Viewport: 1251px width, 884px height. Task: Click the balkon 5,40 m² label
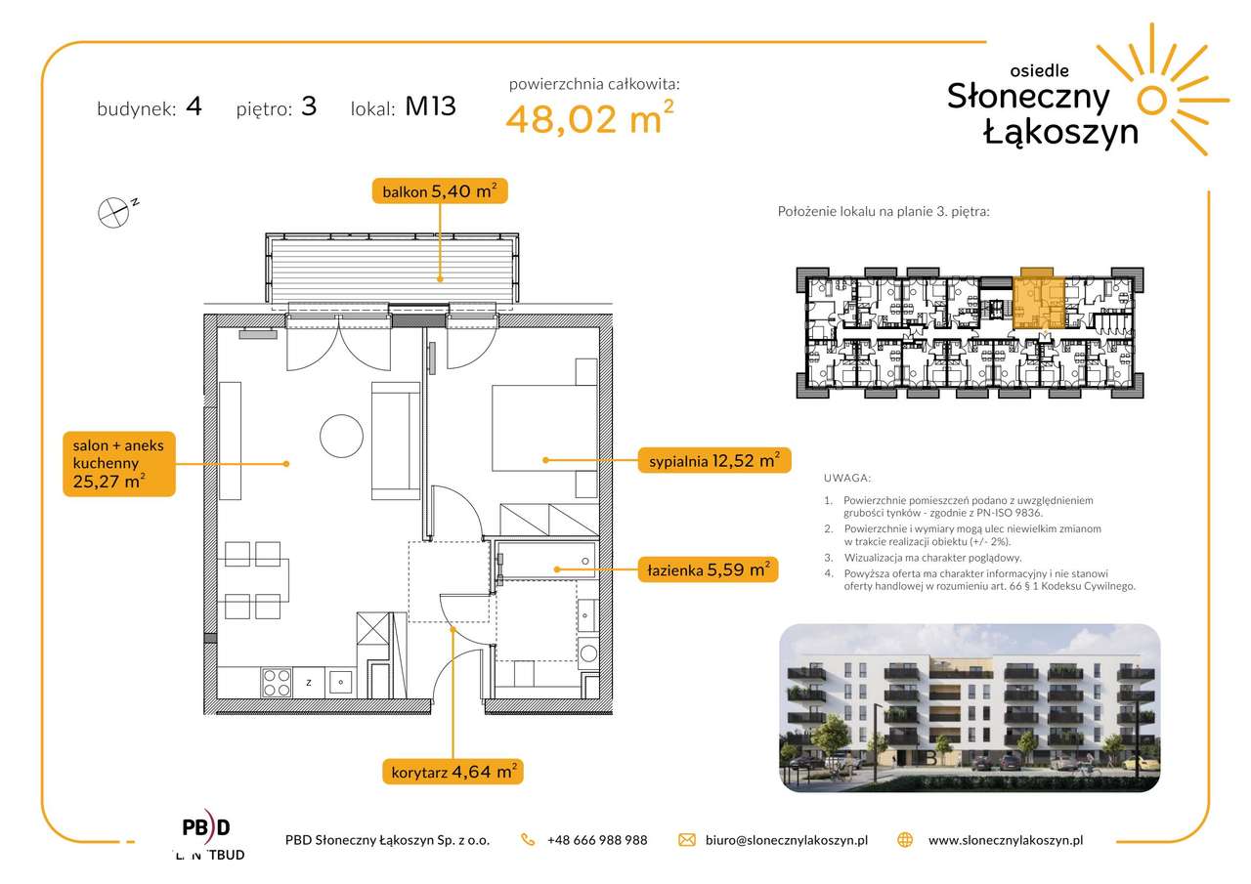[440, 190]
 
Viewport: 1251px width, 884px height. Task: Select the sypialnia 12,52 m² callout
[714, 460]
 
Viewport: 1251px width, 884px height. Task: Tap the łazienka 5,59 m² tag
[709, 569]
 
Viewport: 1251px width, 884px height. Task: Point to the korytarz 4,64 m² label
[453, 772]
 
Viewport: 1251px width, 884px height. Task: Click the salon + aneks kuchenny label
[119, 464]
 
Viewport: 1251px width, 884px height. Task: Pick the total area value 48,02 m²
[589, 117]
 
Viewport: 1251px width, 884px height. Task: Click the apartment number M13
[430, 106]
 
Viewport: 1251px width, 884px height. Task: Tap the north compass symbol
[115, 212]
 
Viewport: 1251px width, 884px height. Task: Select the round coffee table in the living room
[341, 436]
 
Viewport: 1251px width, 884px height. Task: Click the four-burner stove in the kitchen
[277, 683]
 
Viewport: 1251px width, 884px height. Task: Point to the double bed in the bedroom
[544, 428]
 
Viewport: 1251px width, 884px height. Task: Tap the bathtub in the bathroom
[545, 560]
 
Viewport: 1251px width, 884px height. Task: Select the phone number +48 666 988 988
[597, 840]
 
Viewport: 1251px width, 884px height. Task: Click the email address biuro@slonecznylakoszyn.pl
[787, 840]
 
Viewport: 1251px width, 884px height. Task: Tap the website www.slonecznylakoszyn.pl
[1006, 840]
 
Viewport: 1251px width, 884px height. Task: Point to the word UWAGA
[846, 478]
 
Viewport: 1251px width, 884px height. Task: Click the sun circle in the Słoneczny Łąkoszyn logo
[1151, 101]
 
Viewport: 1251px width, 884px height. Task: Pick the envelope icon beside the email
[686, 840]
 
